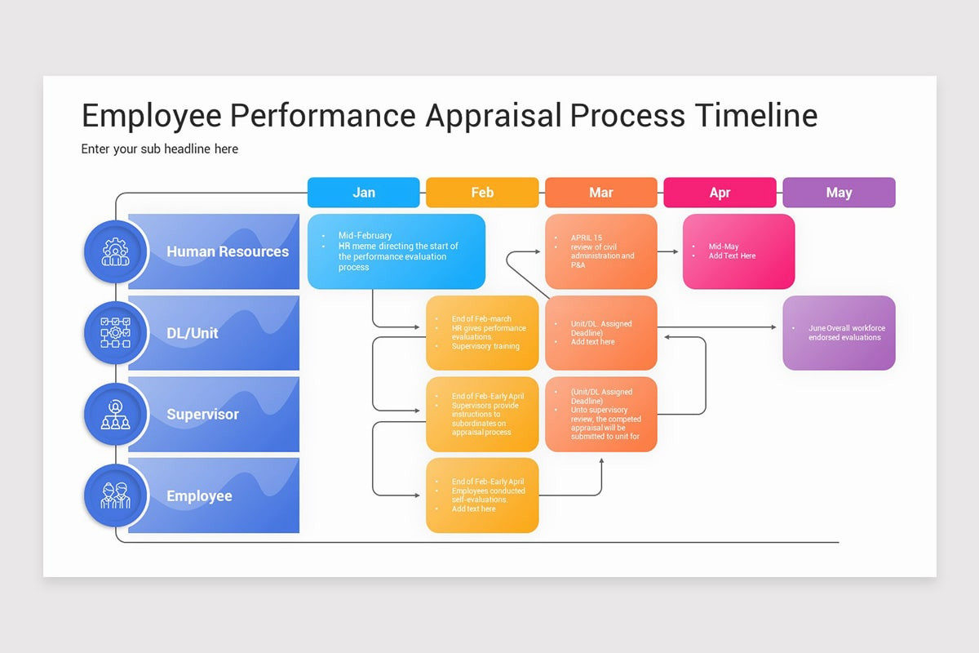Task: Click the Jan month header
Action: [363, 193]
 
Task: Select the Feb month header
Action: [482, 193]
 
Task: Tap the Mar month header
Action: [601, 193]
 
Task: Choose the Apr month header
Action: [720, 193]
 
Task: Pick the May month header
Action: [839, 193]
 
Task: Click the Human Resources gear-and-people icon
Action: [115, 251]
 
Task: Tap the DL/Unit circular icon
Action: [115, 333]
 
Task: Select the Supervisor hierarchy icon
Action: [115, 415]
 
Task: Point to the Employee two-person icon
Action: [115, 495]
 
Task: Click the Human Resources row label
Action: [228, 251]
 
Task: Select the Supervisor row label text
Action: [202, 415]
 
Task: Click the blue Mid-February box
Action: [396, 251]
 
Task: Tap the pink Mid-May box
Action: [738, 251]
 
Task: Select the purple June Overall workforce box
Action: [839, 333]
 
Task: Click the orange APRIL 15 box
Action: [601, 251]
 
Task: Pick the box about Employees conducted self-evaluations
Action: [482, 495]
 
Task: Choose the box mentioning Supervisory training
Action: [482, 333]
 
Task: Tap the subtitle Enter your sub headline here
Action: [160, 149]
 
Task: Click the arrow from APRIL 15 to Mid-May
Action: [668, 251]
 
